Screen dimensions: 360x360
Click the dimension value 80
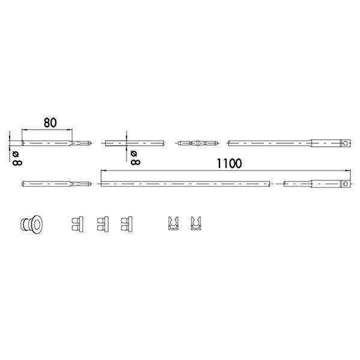point(50,122)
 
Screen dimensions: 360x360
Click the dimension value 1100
point(229,163)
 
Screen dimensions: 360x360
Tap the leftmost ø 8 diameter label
point(17,158)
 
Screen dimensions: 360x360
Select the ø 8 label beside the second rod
point(135,158)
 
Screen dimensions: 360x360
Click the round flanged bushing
point(31,224)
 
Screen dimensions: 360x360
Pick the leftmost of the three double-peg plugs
point(77,224)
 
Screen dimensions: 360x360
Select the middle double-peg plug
point(103,224)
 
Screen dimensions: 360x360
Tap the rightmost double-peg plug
point(127,224)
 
